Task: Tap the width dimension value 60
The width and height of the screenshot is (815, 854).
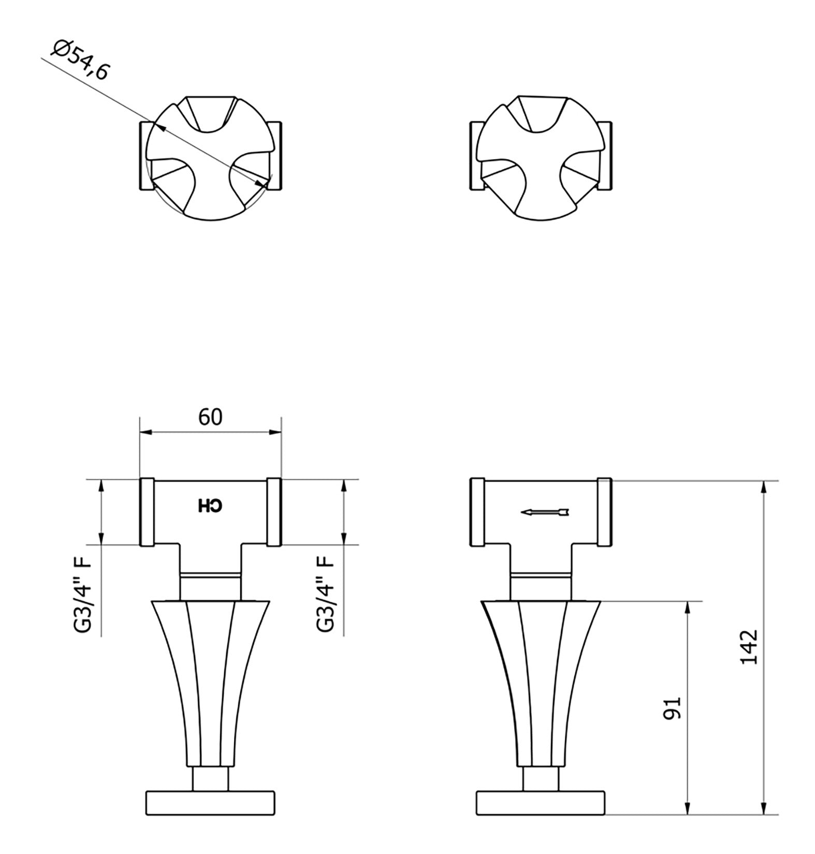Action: pos(210,417)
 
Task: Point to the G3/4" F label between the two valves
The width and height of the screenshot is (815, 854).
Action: pos(326,593)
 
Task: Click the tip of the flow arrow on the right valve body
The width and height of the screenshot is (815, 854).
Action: pos(521,512)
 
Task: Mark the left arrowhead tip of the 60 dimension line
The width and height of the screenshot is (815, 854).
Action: pos(141,433)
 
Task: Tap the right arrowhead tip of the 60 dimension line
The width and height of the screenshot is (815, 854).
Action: pos(281,433)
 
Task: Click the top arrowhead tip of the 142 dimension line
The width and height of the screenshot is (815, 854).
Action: pos(764,481)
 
